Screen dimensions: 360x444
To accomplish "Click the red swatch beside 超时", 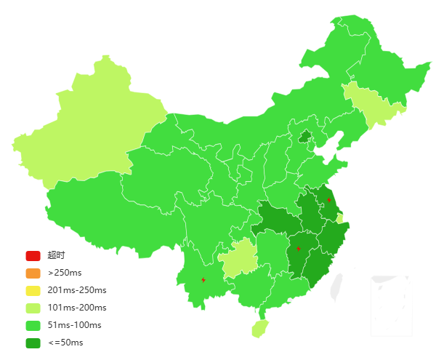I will tap(33, 255).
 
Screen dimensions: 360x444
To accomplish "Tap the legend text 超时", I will tap(56, 255).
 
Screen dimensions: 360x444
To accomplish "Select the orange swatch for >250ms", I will tap(33, 273).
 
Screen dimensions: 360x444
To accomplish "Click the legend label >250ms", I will tap(65, 273).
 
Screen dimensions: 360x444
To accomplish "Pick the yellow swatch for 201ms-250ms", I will tap(33, 290).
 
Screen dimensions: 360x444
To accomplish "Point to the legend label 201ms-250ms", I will tap(77, 290).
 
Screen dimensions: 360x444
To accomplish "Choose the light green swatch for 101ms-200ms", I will tap(33, 308).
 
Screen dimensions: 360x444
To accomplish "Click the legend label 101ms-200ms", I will tap(77, 308).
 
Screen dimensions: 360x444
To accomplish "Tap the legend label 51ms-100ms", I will tap(74, 325).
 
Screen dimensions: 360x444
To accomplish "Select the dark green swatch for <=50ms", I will tap(33, 343).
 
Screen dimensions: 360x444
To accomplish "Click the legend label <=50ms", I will tap(65, 343).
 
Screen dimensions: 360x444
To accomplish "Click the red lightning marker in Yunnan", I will tap(203, 279).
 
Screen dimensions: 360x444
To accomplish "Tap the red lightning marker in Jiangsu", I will tap(329, 199).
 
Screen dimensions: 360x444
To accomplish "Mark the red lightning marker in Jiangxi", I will tap(299, 249).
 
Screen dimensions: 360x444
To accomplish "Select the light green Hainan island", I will tap(259, 329).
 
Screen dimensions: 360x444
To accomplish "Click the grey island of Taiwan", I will tap(336, 287).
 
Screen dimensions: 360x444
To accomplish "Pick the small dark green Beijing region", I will tap(305, 135).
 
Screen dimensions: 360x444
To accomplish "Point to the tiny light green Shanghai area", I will tap(339, 219).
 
